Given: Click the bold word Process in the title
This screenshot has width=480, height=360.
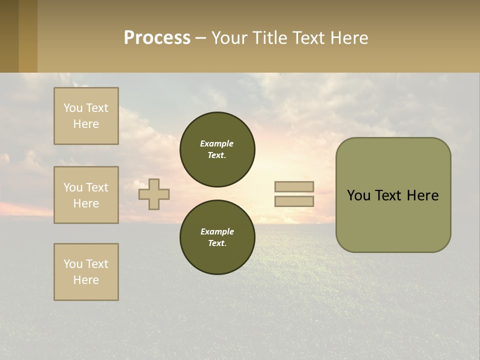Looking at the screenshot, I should (157, 38).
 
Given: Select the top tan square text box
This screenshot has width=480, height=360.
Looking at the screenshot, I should (86, 116).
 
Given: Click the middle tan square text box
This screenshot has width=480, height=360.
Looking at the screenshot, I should (86, 195).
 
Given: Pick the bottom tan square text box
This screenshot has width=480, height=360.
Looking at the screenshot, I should (86, 272).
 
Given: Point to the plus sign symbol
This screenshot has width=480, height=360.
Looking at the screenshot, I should (154, 194).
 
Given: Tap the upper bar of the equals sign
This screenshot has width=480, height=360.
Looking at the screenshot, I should (294, 186).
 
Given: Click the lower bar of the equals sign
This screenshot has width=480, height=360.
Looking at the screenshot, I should (294, 201).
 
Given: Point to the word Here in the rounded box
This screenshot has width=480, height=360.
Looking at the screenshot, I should (422, 195).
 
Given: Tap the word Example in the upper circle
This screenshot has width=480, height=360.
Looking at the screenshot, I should (216, 143).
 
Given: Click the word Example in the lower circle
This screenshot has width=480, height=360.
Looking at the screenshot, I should (217, 231).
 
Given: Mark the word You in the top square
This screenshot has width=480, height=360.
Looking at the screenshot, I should (72, 108).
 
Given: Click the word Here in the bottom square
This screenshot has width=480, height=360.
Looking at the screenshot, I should (86, 280).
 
